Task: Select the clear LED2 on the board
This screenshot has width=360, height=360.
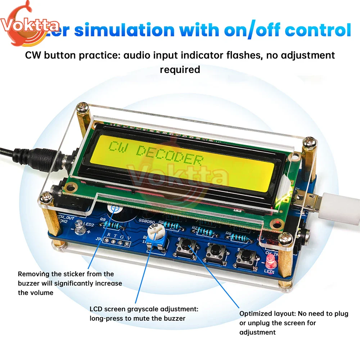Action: [78, 226]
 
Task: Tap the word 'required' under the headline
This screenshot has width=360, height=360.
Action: [180, 69]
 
